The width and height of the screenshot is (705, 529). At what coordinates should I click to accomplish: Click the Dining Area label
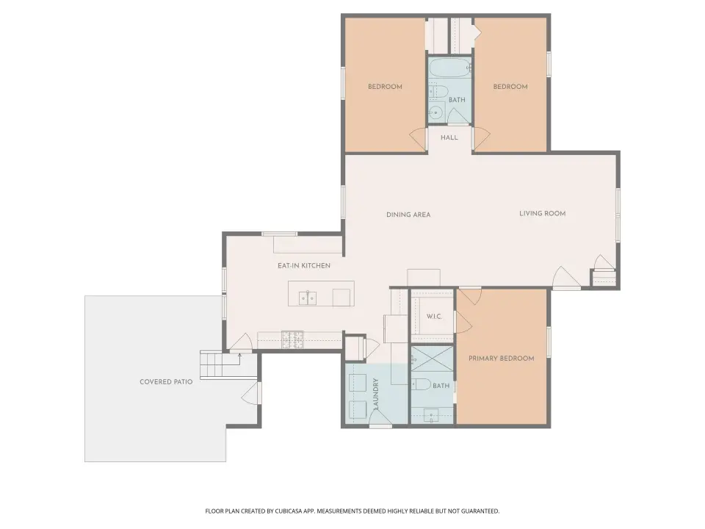(x=408, y=215)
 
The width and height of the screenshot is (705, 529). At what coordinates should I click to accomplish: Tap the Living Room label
(x=542, y=214)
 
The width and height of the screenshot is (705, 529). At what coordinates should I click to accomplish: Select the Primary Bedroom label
(x=502, y=359)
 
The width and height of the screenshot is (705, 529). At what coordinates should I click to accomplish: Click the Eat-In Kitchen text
(x=304, y=266)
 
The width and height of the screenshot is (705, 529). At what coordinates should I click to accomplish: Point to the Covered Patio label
(x=166, y=382)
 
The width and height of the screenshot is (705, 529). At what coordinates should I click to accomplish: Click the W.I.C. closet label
(x=434, y=317)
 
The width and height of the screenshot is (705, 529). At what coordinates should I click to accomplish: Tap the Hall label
(x=449, y=137)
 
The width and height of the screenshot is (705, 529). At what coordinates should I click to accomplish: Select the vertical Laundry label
(x=376, y=394)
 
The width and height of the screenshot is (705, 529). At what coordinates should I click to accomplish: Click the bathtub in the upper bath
(x=449, y=68)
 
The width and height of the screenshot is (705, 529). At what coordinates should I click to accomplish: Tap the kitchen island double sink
(x=308, y=298)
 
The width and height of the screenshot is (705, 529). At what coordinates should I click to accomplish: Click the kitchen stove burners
(x=292, y=339)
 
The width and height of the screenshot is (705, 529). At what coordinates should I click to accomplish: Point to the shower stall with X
(x=432, y=359)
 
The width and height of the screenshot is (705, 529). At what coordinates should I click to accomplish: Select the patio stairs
(x=220, y=365)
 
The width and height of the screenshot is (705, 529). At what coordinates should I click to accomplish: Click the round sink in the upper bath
(x=435, y=112)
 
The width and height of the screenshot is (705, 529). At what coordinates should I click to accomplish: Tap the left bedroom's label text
(x=385, y=87)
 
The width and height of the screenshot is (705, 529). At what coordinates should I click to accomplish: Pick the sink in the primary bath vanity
(x=431, y=415)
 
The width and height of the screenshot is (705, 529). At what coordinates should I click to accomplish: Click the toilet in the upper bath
(x=438, y=92)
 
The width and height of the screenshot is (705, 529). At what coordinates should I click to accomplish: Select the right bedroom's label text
(x=510, y=87)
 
